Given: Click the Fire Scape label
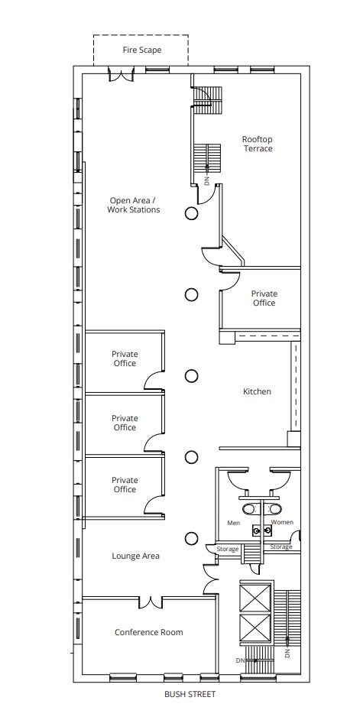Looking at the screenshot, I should [x=142, y=50].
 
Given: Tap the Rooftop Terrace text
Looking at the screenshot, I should [x=258, y=144].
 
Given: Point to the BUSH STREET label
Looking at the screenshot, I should [x=190, y=694].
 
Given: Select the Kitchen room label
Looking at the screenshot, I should [x=257, y=391].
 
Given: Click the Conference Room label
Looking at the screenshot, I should [x=149, y=632].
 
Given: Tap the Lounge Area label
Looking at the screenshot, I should [x=135, y=556].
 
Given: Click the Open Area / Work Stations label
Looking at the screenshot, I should [x=134, y=205].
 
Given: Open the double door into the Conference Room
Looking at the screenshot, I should [x=151, y=602].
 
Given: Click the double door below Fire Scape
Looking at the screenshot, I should [x=120, y=75].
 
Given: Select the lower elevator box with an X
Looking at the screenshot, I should [x=255, y=628].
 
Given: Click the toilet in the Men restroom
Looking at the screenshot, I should [x=249, y=508].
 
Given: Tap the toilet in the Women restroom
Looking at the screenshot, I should [x=274, y=508].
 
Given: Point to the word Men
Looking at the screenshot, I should [x=234, y=523].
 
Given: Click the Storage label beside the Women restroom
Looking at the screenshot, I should [x=281, y=546].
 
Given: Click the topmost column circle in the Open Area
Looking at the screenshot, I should [x=192, y=213].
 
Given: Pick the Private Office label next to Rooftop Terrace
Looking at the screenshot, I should [x=264, y=298].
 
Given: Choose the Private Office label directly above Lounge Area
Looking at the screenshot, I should [x=125, y=485].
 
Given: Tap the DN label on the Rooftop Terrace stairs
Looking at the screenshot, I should [x=206, y=180].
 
